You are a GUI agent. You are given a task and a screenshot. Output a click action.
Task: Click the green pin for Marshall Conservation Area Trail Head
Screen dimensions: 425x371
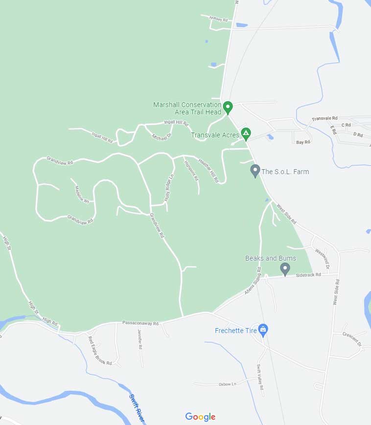[228, 107]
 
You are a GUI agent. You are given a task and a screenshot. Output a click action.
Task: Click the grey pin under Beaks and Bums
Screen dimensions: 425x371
[285, 268]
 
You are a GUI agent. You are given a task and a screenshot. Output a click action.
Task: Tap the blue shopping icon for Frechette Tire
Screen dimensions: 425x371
[263, 330]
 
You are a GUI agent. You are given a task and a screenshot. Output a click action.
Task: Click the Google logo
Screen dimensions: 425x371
[200, 417]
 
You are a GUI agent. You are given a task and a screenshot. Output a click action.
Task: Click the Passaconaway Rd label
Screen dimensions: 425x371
[140, 323]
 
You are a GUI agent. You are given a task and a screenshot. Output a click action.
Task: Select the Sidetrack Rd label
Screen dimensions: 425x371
[308, 275]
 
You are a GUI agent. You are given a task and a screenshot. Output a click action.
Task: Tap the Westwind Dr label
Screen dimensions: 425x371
[323, 259]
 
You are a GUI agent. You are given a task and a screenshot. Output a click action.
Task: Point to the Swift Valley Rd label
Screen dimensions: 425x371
[260, 377]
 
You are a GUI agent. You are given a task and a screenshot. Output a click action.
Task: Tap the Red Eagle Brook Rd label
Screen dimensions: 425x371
[100, 351]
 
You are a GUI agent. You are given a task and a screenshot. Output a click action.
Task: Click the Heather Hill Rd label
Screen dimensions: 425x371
[209, 170]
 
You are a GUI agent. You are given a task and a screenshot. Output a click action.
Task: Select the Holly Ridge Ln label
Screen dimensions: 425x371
[169, 186]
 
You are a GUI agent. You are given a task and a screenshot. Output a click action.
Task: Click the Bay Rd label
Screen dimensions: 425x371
[303, 142]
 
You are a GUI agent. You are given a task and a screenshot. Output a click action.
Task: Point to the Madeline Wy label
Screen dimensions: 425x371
[82, 194]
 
